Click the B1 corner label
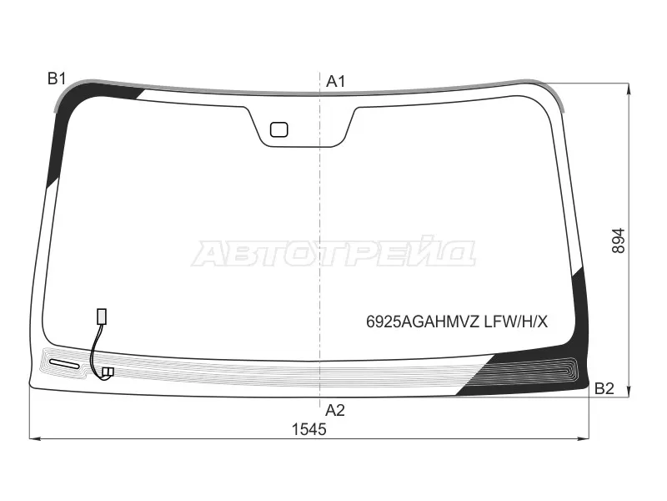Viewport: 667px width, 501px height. pos(57,78)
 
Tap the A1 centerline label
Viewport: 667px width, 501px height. pos(336,81)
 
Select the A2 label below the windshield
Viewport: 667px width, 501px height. pos(335,410)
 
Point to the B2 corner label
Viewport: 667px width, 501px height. pos(604,388)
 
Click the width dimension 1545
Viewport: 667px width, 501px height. pos(308,429)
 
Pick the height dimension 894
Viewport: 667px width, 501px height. pos(619,240)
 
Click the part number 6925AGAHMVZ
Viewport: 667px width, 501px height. pos(424,322)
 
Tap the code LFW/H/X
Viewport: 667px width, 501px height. pos(516,322)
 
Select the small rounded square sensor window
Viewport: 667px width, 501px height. pos(279,129)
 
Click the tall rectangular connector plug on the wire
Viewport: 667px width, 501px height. pos(102,316)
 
